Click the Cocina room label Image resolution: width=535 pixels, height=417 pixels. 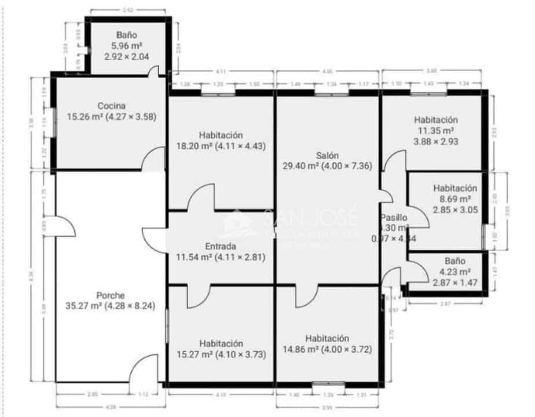(112, 106)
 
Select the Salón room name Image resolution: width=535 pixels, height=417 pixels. (328, 155)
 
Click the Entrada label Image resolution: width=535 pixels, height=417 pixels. (220, 246)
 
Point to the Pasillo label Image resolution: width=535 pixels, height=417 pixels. (395, 218)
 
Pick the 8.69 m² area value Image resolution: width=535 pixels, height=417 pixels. (455, 199)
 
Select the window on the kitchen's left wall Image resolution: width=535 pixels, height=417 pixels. (54, 123)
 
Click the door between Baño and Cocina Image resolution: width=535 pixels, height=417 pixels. (153, 72)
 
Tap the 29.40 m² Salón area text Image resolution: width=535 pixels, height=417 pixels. (300, 166)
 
